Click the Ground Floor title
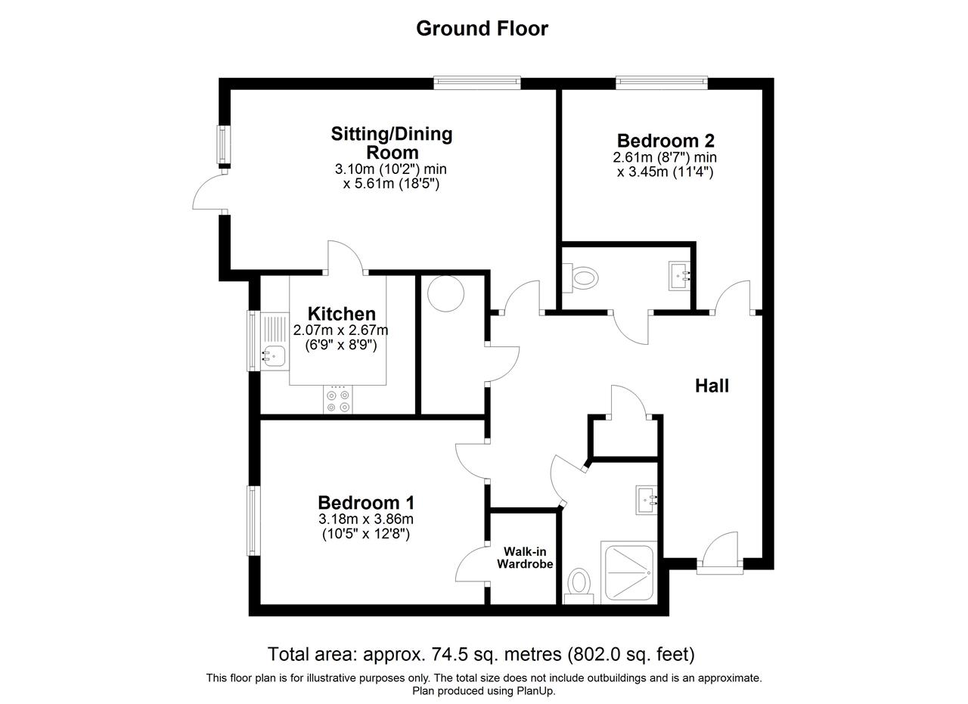(x=482, y=29)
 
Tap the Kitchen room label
(x=341, y=313)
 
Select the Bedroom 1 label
(x=366, y=503)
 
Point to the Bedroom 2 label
(x=665, y=141)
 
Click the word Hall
(x=712, y=386)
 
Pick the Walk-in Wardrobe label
(x=525, y=557)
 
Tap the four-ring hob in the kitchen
(x=337, y=400)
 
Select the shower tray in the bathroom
(x=628, y=572)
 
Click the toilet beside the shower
(x=579, y=586)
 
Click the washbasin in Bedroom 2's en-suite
(x=679, y=275)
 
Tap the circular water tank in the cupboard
(x=445, y=293)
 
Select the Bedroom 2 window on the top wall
(x=662, y=82)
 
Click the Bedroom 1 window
(x=253, y=521)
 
